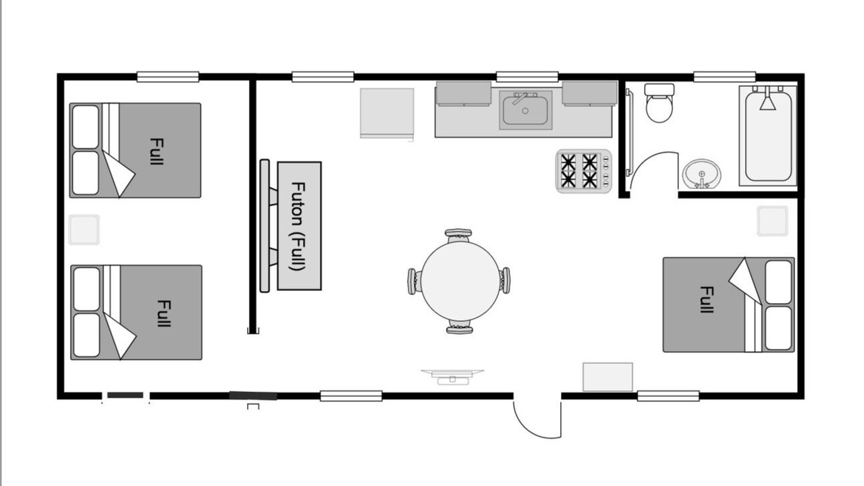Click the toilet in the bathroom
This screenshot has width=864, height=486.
[659, 103]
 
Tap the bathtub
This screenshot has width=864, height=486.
[768, 136]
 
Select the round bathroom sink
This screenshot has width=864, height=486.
[701, 174]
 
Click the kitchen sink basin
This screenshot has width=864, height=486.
[525, 110]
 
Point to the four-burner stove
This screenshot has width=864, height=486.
[584, 171]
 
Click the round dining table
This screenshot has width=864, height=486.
[460, 281]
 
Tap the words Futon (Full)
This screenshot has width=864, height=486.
[298, 226]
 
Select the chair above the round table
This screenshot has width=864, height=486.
[458, 236]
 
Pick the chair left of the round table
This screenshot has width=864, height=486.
[414, 281]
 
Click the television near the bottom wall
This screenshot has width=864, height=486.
[452, 377]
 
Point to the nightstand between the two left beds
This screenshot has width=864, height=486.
[84, 230]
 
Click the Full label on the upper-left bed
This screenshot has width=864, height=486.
[156, 151]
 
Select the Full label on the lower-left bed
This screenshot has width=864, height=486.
[163, 313]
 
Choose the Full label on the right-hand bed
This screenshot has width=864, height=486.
[707, 299]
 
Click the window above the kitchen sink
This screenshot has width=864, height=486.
[527, 77]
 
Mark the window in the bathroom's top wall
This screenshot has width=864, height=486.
[724, 77]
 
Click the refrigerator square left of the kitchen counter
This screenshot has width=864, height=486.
[387, 113]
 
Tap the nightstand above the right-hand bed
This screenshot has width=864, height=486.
[772, 221]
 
